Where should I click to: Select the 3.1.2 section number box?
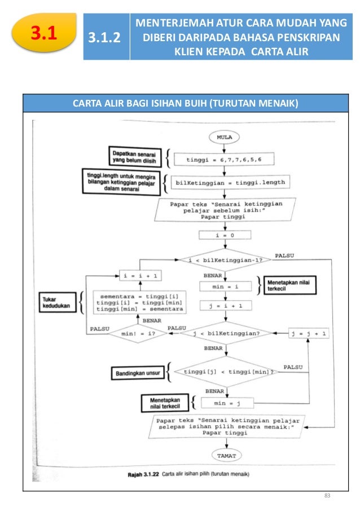click(x=107, y=38)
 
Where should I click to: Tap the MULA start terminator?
click(x=224, y=136)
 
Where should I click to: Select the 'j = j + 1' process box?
click(x=308, y=333)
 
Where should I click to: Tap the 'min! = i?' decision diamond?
click(x=137, y=333)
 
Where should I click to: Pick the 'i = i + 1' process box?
click(x=139, y=275)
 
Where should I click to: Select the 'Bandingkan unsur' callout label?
click(x=136, y=373)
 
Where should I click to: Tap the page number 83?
click(x=326, y=496)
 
